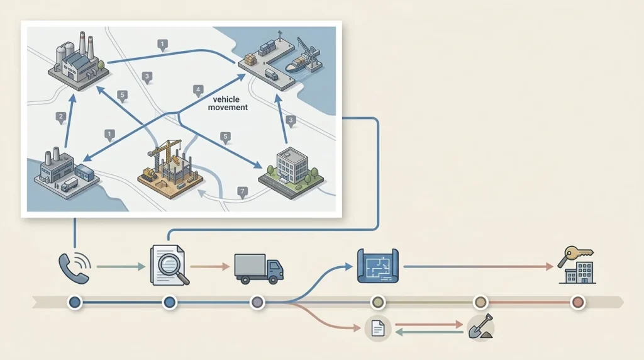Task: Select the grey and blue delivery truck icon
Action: click(x=258, y=267)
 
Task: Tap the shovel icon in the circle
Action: click(x=480, y=328)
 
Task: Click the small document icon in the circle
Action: click(x=378, y=328)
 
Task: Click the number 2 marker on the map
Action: click(x=61, y=116)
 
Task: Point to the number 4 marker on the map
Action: click(x=199, y=89)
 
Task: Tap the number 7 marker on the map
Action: click(x=243, y=191)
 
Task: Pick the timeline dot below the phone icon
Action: click(x=75, y=303)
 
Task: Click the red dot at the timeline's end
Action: click(x=577, y=303)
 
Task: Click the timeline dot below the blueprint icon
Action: click(x=377, y=303)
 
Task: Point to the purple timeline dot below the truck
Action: click(x=257, y=303)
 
